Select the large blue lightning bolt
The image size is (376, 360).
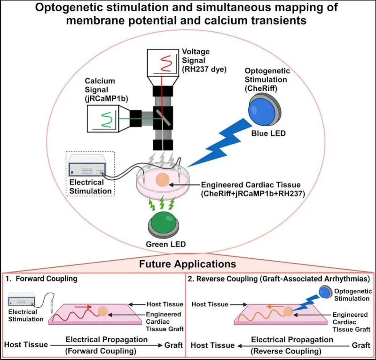pos(219,143)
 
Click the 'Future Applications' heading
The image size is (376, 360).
pos(187,264)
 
